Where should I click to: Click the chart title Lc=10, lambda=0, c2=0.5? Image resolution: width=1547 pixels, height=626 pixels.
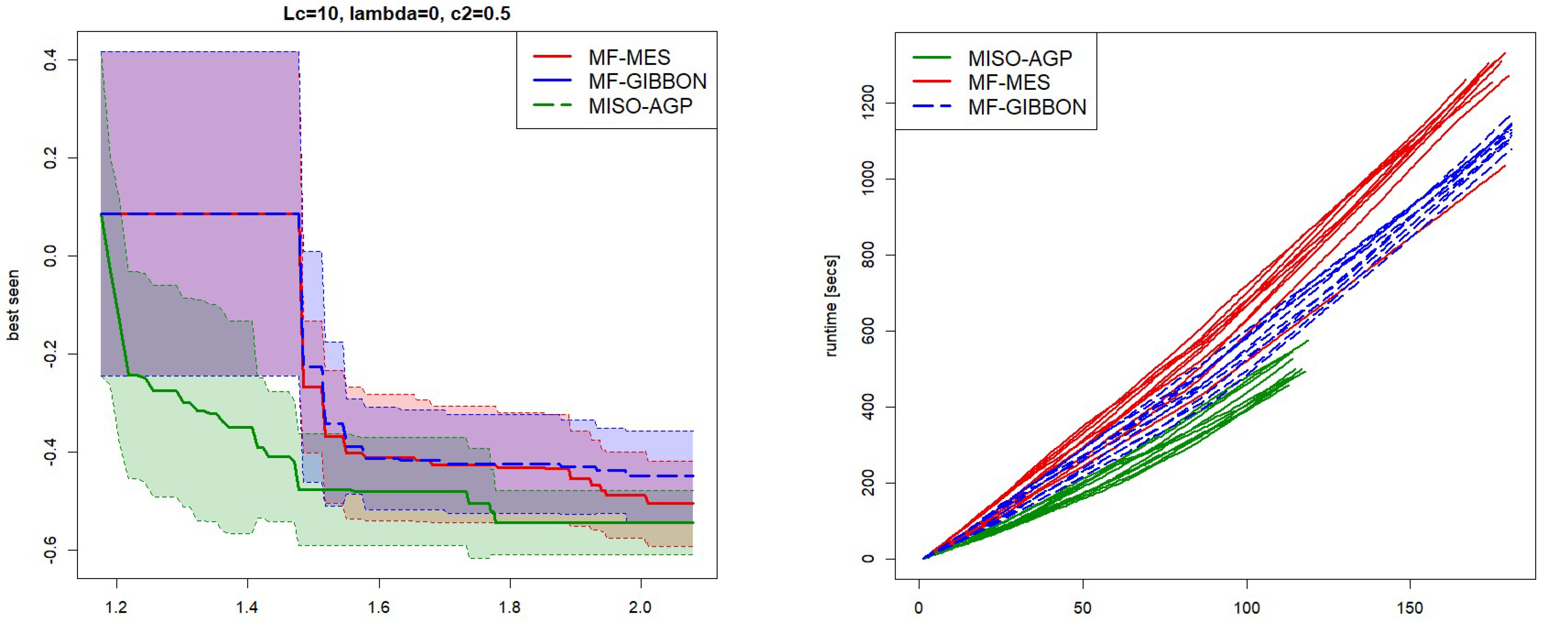click(x=397, y=13)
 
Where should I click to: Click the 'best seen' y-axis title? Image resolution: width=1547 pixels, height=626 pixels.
click(x=13, y=305)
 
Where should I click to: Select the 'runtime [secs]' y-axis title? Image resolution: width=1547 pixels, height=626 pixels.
click(x=832, y=306)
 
